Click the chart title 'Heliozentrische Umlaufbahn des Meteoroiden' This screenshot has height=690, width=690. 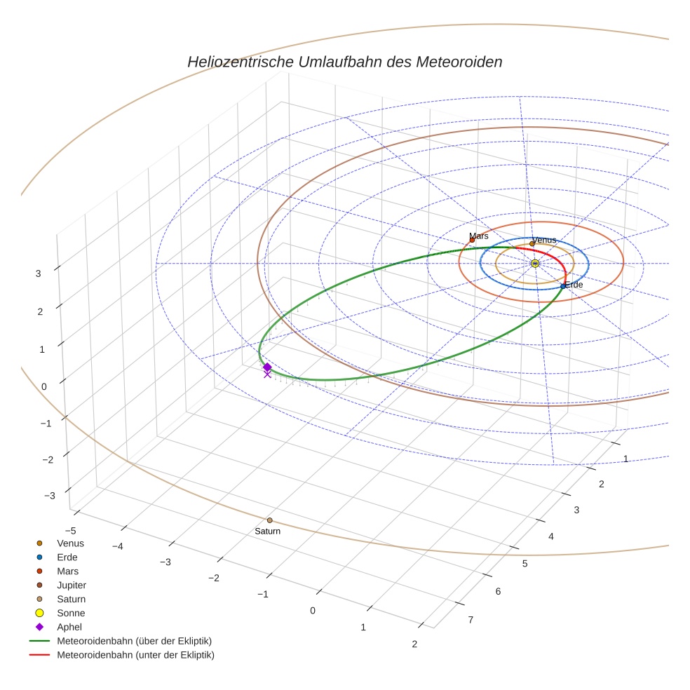pos(344,62)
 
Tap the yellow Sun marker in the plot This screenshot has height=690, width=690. pos(535,263)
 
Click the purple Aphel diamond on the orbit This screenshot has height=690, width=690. pos(267,367)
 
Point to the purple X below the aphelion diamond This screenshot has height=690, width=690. pos(267,374)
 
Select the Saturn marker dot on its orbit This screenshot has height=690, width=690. pos(270,520)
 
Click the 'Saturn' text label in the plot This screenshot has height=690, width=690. pos(267,532)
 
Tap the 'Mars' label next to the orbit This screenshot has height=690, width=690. pos(479,236)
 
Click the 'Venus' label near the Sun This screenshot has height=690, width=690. pos(544,240)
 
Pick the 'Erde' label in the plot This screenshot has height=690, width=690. pos(574,285)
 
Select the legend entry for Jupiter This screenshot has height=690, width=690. pos(72,585)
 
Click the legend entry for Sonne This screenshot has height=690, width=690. pos(71,613)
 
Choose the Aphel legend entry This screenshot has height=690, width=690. pos(70,627)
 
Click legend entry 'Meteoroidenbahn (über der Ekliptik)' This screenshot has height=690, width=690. pos(134,641)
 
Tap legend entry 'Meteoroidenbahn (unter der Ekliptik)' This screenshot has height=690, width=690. pos(135,655)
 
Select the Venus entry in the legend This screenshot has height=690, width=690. pos(70,543)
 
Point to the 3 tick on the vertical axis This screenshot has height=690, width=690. pos(38,274)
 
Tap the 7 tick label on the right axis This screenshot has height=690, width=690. pos(471,619)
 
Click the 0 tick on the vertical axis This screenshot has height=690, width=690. pos(43,386)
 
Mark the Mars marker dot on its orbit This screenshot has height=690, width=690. pos(472,241)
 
